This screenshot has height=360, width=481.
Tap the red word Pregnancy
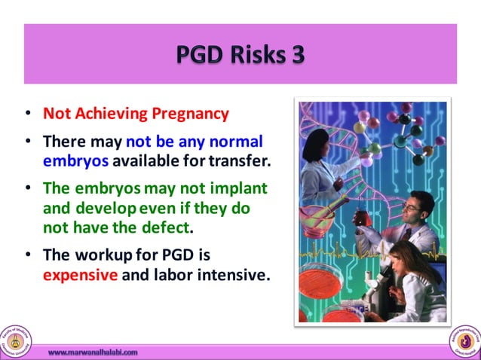point(189,114)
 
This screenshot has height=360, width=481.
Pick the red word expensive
point(80,275)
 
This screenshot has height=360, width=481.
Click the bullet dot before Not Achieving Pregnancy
point(28,114)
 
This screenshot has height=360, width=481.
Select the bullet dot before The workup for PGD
point(28,255)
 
